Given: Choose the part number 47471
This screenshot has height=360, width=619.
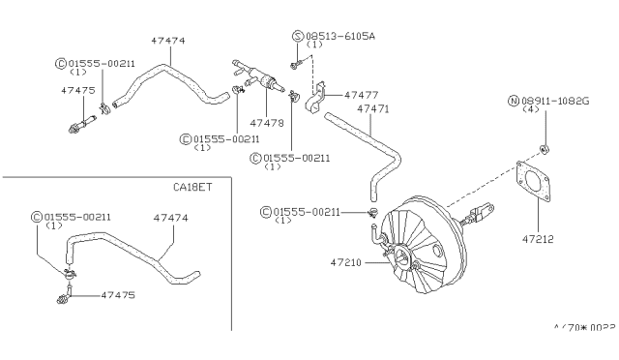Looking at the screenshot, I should [373, 110].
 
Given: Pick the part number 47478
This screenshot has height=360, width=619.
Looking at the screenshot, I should [266, 124].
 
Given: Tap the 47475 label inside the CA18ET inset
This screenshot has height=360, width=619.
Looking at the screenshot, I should [118, 291].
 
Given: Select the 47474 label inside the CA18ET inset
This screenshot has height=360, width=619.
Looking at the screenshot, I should [172, 219].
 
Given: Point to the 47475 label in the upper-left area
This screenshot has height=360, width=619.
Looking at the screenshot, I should [77, 89].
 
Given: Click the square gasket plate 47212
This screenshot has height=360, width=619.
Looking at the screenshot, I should [536, 189].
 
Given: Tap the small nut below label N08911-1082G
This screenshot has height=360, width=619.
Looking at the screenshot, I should [546, 148].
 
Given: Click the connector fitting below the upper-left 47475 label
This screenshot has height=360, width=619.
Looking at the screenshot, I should [81, 125].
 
